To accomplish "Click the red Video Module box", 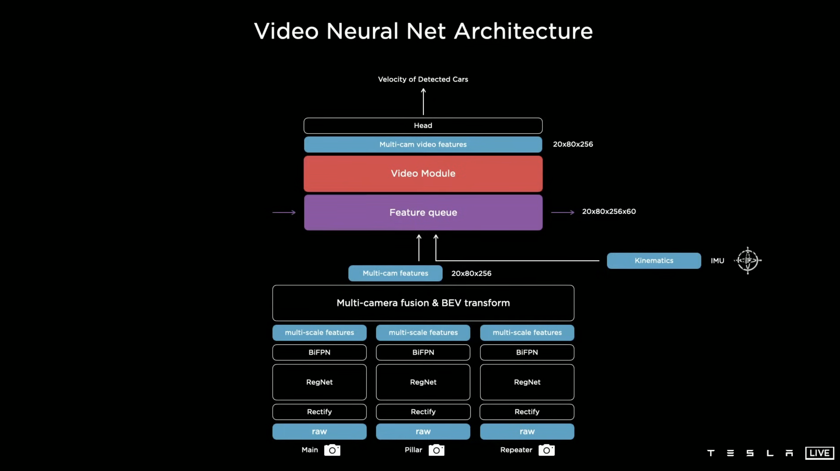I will coord(423,173).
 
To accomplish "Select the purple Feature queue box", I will coord(423,213).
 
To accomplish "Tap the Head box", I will coord(423,126).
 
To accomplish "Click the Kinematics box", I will coord(654,260).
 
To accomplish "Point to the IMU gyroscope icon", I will coord(748,260).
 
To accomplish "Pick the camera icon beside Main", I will coord(332,450).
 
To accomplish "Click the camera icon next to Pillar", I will coord(436,450).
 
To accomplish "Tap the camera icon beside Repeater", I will coord(546,450).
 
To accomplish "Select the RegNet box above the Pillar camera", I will coord(423,382).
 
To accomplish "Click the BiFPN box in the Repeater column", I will coord(527,352).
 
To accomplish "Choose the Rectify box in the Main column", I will coord(319,412).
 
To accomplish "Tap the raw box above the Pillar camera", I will coord(423,432).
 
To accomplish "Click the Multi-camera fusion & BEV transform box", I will coord(423,303).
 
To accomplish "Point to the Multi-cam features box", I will coord(395,273).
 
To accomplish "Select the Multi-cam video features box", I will coord(423,144).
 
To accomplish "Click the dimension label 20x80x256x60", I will coord(609,211).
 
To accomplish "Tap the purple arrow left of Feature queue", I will coord(284,213).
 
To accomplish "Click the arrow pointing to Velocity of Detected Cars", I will coord(423,102).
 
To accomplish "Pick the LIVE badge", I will coord(820,453).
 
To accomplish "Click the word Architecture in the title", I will coord(523,31).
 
